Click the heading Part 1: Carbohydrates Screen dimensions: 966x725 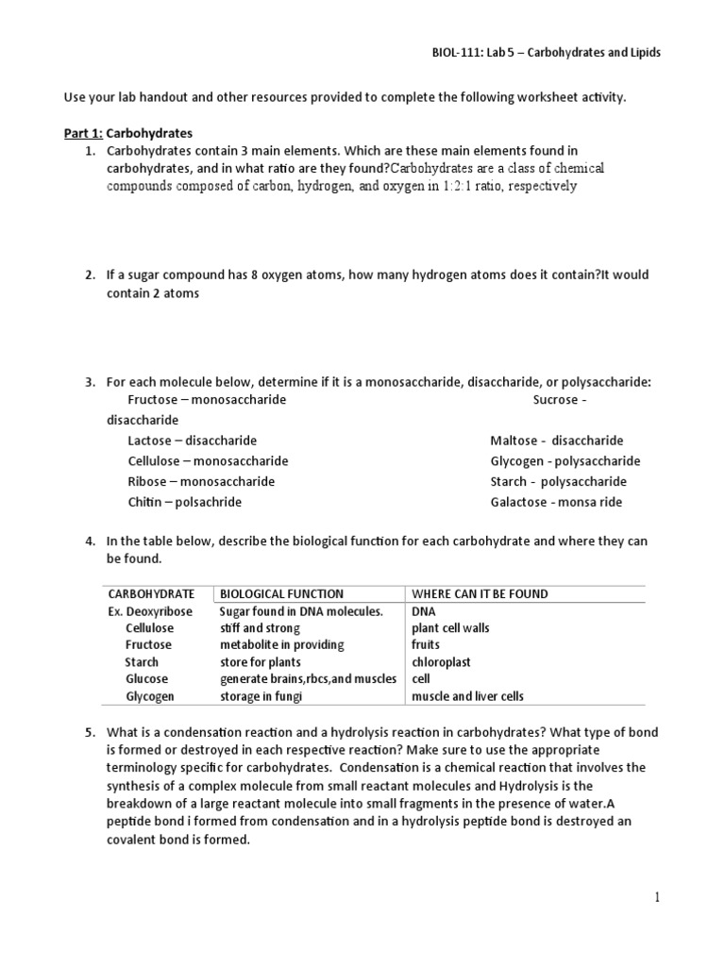point(127,133)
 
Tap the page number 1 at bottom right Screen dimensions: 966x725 point(657,898)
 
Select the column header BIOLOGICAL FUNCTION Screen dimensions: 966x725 point(281,594)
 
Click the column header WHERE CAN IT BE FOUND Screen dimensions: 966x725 point(480,594)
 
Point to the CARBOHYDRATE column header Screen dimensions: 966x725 point(151,594)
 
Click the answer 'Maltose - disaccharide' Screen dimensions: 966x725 point(556,441)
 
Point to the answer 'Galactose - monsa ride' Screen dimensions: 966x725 point(556,502)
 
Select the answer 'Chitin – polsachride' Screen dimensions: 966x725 point(184,502)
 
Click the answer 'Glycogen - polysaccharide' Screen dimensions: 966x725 point(565,461)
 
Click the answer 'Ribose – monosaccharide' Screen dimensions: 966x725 point(201,481)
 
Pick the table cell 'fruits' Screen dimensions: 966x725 point(425,645)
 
